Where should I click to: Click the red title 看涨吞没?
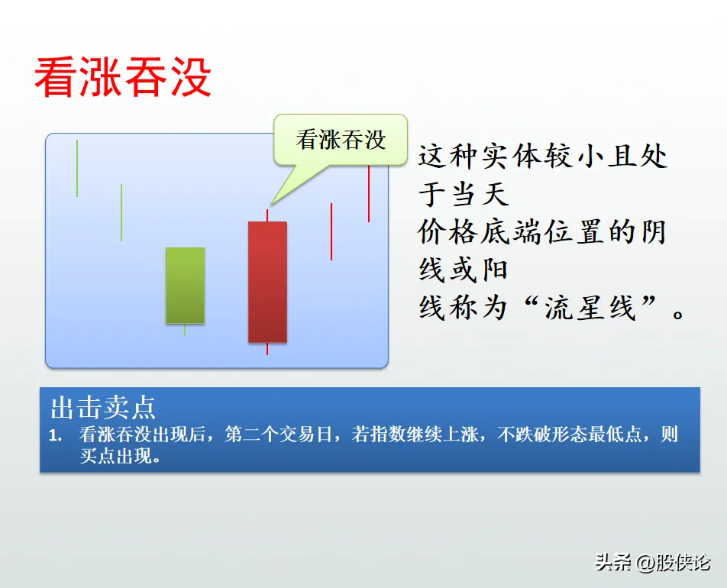pyautogui.click(x=123, y=77)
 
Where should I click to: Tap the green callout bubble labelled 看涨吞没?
pyautogui.click(x=341, y=140)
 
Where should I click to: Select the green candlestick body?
pyautogui.click(x=185, y=285)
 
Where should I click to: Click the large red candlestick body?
pyautogui.click(x=267, y=282)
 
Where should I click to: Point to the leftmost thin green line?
pyautogui.click(x=77, y=168)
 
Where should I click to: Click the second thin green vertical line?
pyautogui.click(x=121, y=212)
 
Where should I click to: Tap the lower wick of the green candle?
pyautogui.click(x=185, y=330)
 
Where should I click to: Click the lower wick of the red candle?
pyautogui.click(x=267, y=349)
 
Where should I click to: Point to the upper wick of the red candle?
pyautogui.click(x=267, y=215)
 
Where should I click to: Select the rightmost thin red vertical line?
pyautogui.click(x=369, y=193)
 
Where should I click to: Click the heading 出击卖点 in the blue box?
pyautogui.click(x=103, y=408)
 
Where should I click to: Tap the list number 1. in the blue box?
pyautogui.click(x=56, y=435)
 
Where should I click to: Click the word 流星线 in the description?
pyautogui.click(x=590, y=308)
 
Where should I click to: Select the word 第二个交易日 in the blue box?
pyautogui.click(x=279, y=435)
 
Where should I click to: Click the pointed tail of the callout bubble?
pyautogui.click(x=271, y=204)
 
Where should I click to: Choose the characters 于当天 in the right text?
pyautogui.click(x=464, y=194)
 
